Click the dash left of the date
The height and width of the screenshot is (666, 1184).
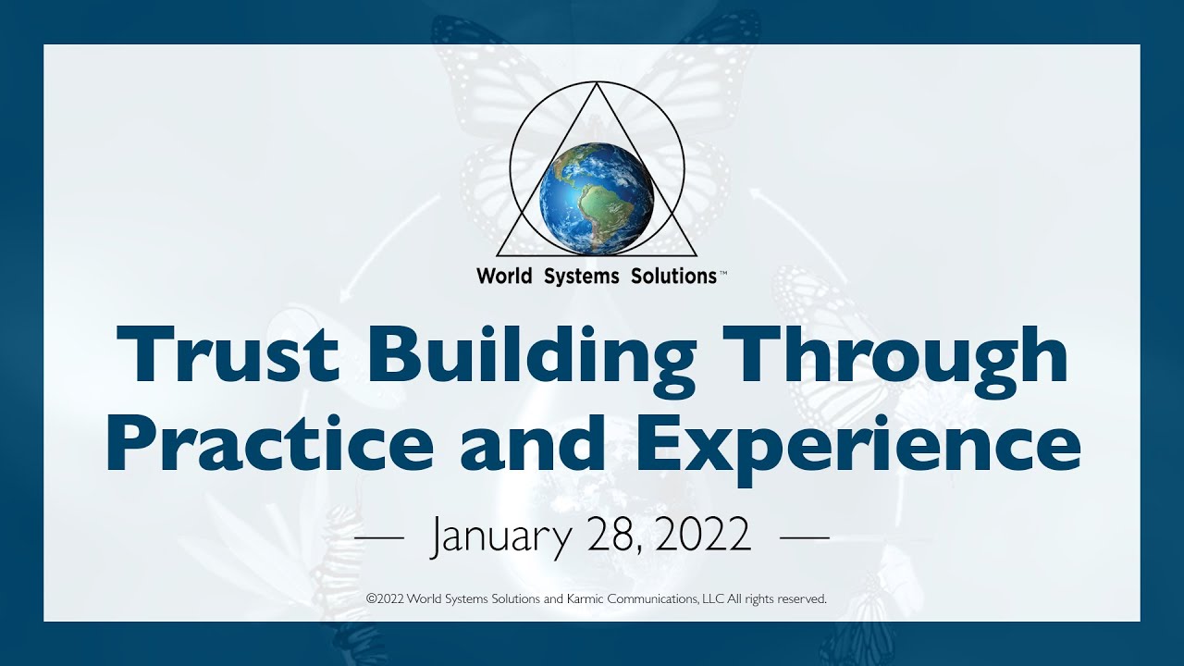point(379,536)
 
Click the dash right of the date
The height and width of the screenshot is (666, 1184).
point(805,536)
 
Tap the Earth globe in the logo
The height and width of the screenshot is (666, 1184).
point(597,198)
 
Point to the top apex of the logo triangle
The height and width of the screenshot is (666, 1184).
point(597,85)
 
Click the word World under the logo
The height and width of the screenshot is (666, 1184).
point(504,276)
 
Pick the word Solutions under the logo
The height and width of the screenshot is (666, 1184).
point(672,276)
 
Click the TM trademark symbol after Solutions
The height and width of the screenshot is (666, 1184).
point(722,272)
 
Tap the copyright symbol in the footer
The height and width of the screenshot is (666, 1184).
point(371,598)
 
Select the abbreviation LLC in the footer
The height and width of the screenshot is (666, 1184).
point(713,598)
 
